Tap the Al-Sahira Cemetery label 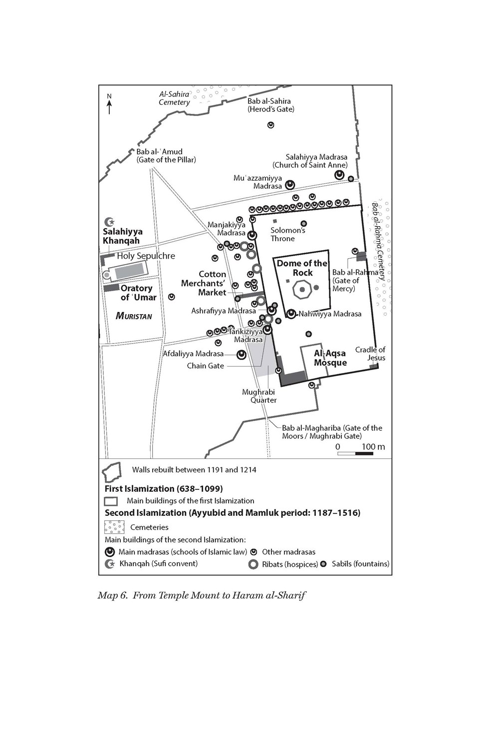[174, 98]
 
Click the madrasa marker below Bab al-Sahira [270, 125]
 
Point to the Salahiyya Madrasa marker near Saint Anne [339, 175]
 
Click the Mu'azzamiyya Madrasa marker [290, 185]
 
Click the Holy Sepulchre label [146, 256]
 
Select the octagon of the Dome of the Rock [302, 290]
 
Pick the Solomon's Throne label [287, 234]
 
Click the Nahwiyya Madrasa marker [291, 314]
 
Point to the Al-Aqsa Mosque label [330, 358]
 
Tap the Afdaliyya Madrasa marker [241, 354]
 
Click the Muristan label [134, 316]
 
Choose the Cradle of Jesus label [370, 354]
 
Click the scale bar [355, 453]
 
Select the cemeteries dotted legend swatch [114, 527]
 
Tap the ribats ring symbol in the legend [253, 564]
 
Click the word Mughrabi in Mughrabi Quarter [258, 392]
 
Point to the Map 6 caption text [202, 595]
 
